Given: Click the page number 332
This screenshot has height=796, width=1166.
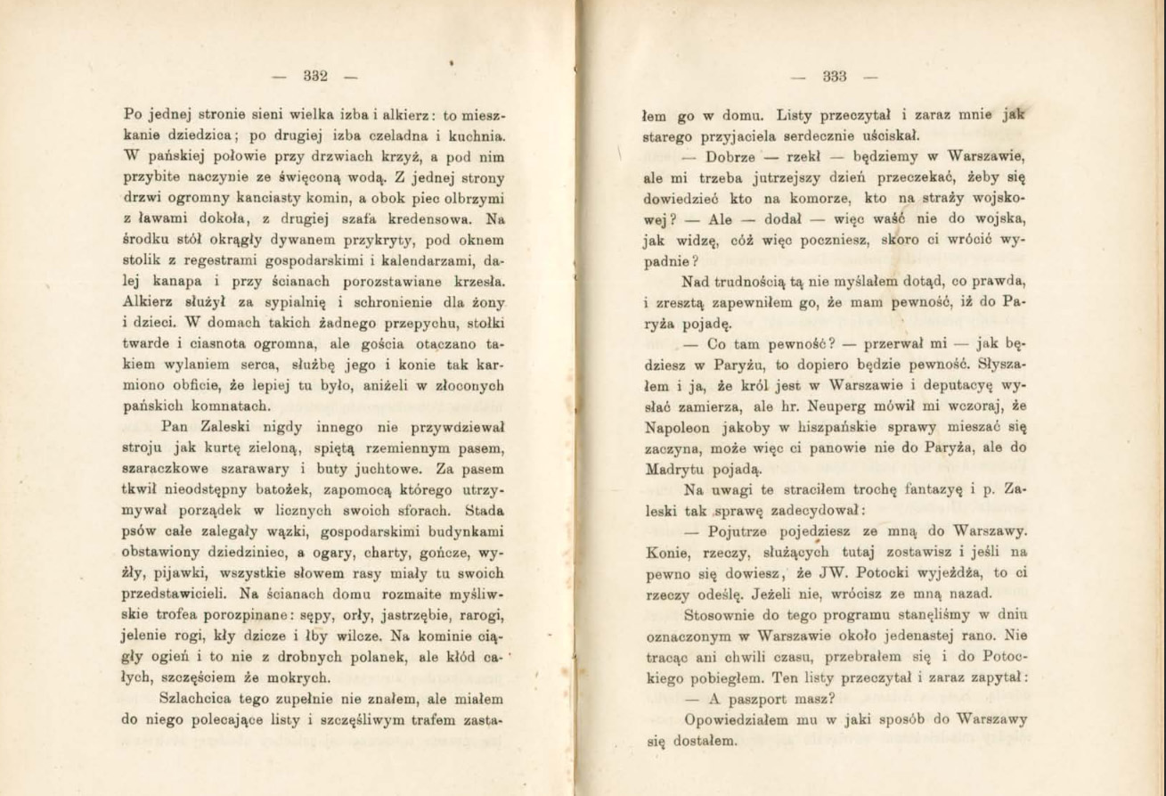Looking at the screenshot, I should pyautogui.click(x=317, y=76).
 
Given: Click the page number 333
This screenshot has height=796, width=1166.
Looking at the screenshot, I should pyautogui.click(x=834, y=76).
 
